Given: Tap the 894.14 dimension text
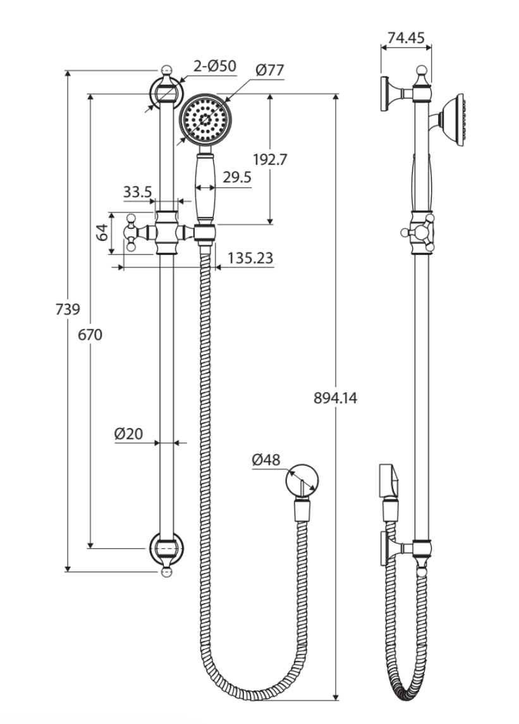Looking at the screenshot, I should point(335,398).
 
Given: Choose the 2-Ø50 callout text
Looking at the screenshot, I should point(214,65).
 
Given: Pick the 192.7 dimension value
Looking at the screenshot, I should point(270,159).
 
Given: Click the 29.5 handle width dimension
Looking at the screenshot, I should point(236,178).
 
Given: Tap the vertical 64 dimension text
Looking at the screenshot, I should point(102,233).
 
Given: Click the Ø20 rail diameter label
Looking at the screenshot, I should point(128,434).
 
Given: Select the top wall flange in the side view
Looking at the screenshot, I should point(386,94).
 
